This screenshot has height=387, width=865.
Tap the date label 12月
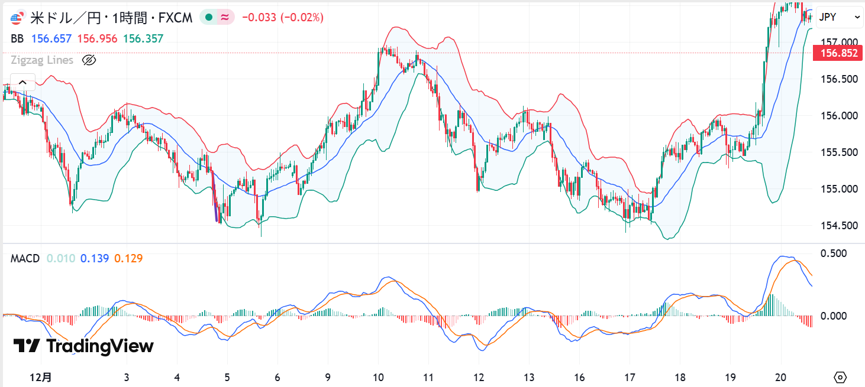pos(41,376)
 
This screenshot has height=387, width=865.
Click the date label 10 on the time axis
pos(379,376)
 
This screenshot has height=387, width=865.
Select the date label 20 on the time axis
pos(781,376)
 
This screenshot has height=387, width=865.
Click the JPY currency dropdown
pos(840,18)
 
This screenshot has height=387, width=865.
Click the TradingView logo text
pos(84,346)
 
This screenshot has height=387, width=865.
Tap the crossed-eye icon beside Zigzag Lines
pos(89,60)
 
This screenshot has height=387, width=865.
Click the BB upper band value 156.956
pos(96,39)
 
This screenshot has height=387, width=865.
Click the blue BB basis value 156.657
pos(51,39)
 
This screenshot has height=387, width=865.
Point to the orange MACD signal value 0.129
pos(128,258)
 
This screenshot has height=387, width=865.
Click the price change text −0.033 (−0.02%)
pos(282,18)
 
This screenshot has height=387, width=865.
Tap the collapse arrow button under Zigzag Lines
pos(22,82)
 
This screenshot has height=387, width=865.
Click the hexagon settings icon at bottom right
pos(841,377)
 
